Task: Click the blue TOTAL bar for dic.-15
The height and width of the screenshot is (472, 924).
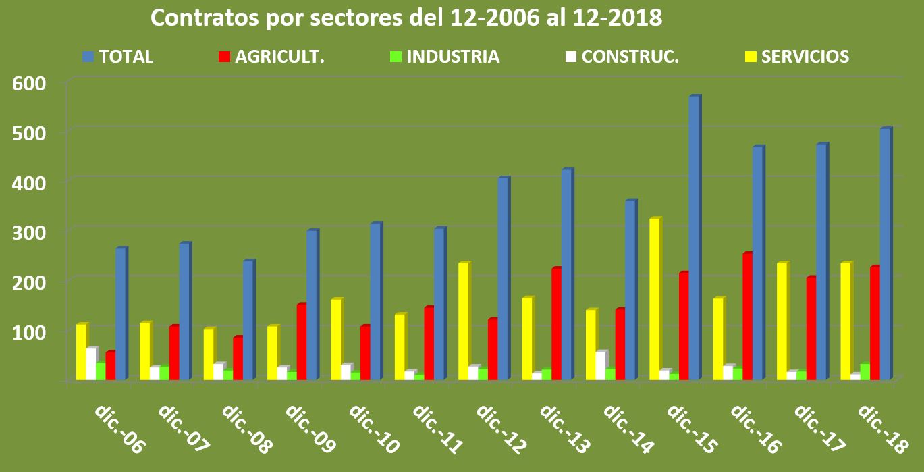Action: [693, 236]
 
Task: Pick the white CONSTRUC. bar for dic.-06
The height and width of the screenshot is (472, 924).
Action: [90, 364]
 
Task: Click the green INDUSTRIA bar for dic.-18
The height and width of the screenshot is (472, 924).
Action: [865, 372]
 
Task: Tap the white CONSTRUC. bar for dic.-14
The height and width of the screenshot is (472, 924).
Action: [600, 365]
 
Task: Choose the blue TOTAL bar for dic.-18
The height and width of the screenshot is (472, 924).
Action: [885, 253]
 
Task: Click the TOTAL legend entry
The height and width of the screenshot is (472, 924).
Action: [118, 57]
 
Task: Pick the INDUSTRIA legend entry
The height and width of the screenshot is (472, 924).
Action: [445, 57]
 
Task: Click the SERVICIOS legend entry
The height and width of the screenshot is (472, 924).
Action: [796, 57]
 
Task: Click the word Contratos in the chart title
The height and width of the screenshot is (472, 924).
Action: [202, 18]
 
